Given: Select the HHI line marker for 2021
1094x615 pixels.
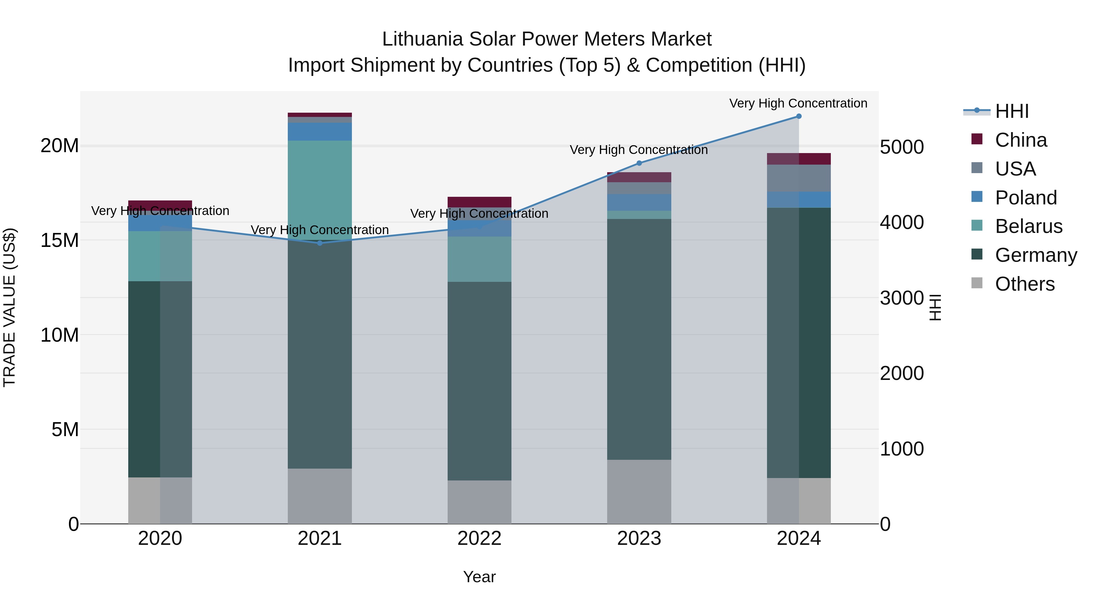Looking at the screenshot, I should [x=320, y=243].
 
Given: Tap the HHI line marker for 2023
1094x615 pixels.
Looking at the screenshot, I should [x=639, y=163].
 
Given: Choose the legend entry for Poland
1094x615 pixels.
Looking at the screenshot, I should [x=1026, y=198].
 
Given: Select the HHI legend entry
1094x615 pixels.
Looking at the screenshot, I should [x=1012, y=111].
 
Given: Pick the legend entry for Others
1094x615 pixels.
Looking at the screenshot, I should [x=1024, y=284].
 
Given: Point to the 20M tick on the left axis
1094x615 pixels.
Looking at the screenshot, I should [x=60, y=146].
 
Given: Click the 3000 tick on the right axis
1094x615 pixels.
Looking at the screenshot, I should [x=902, y=298].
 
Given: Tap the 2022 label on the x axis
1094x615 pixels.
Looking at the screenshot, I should [x=480, y=538].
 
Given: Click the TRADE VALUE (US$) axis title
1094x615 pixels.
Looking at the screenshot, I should [x=9, y=307].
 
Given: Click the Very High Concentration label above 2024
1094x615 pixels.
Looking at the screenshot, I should [x=798, y=104].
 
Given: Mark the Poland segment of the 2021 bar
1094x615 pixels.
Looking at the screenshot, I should [x=320, y=132].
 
